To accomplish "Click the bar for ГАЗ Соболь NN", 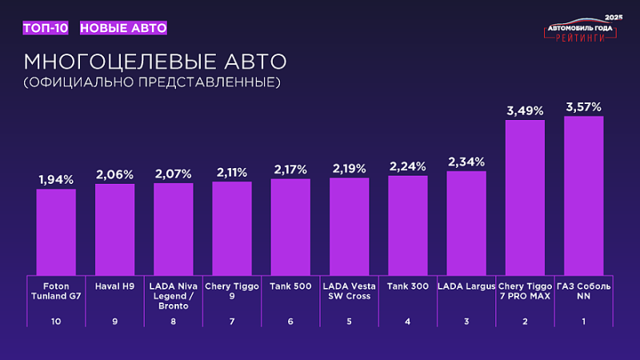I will (x=584, y=196).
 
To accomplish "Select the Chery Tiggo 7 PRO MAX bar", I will (x=525, y=198).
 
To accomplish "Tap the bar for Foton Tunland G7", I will (x=56, y=232).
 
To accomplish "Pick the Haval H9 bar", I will (x=115, y=230).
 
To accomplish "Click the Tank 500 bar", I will (x=290, y=226).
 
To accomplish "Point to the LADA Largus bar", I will (x=466, y=223).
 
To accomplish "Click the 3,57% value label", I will (x=583, y=106).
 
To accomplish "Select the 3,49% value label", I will (x=525, y=110).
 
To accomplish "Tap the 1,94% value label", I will (x=56, y=179).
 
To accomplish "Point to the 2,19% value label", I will (x=349, y=168).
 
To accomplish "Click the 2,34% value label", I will (x=466, y=162).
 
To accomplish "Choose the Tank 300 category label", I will (x=407, y=286).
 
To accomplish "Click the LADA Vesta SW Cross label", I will (x=349, y=290).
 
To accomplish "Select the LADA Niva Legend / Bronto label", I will (x=174, y=295).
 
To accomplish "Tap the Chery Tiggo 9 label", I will (x=232, y=290).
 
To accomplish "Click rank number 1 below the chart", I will (x=583, y=322).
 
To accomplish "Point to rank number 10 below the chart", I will (x=56, y=322).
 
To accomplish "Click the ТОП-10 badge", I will (x=46, y=28).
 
